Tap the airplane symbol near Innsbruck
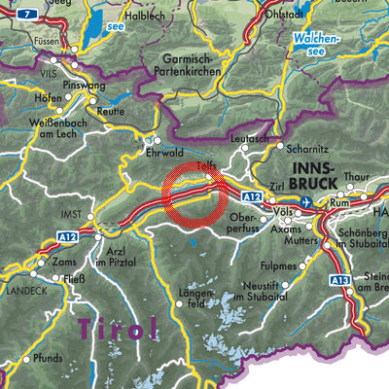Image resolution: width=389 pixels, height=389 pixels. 308,201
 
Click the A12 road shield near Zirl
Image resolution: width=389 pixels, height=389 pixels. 253,196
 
